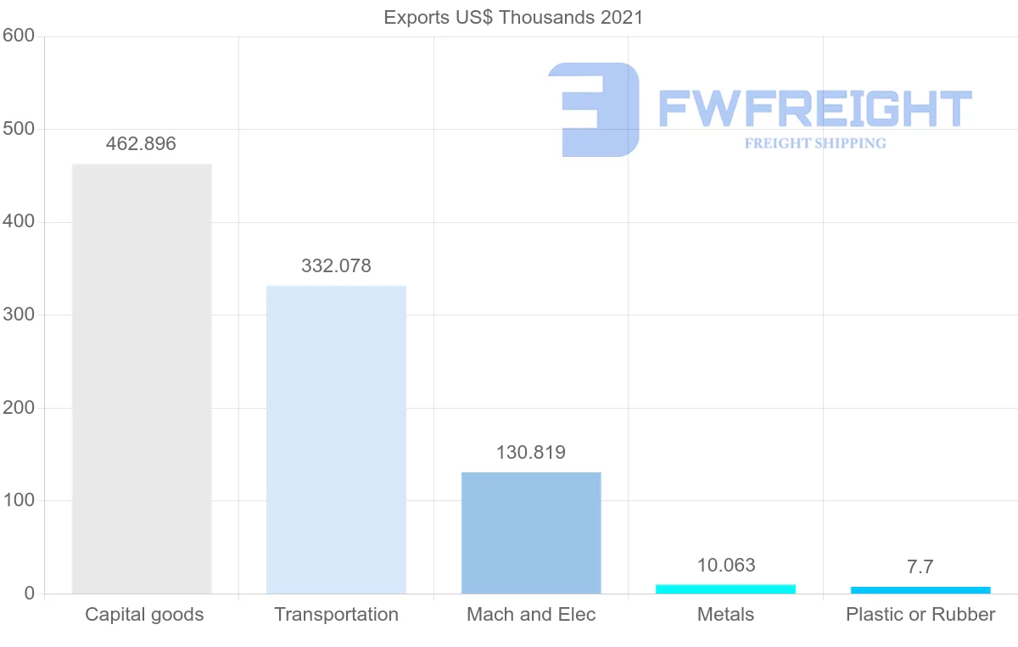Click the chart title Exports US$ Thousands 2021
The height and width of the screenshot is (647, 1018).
[x=513, y=17]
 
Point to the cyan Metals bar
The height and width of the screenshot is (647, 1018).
[x=725, y=588]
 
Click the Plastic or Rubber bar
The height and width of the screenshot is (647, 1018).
[x=920, y=589]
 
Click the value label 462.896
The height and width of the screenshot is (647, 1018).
[x=141, y=144]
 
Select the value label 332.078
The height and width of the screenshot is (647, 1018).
[x=336, y=266]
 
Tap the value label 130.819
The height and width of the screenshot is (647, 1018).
[x=531, y=453]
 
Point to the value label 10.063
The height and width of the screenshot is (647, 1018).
[x=725, y=566]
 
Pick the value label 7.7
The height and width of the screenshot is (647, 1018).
[x=920, y=567]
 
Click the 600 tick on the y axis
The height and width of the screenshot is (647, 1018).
[x=18, y=36]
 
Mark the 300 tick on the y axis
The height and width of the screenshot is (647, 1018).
[x=18, y=315]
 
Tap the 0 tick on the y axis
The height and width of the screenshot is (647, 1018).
[x=30, y=594]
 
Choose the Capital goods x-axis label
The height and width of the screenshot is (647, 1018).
[x=144, y=615]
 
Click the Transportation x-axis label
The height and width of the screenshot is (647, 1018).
[x=336, y=615]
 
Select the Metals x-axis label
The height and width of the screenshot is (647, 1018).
[x=725, y=615]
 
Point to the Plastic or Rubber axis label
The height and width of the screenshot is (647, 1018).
[x=920, y=615]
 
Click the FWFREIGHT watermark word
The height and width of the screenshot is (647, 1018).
[x=814, y=109]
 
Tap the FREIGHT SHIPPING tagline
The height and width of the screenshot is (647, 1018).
[x=815, y=143]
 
